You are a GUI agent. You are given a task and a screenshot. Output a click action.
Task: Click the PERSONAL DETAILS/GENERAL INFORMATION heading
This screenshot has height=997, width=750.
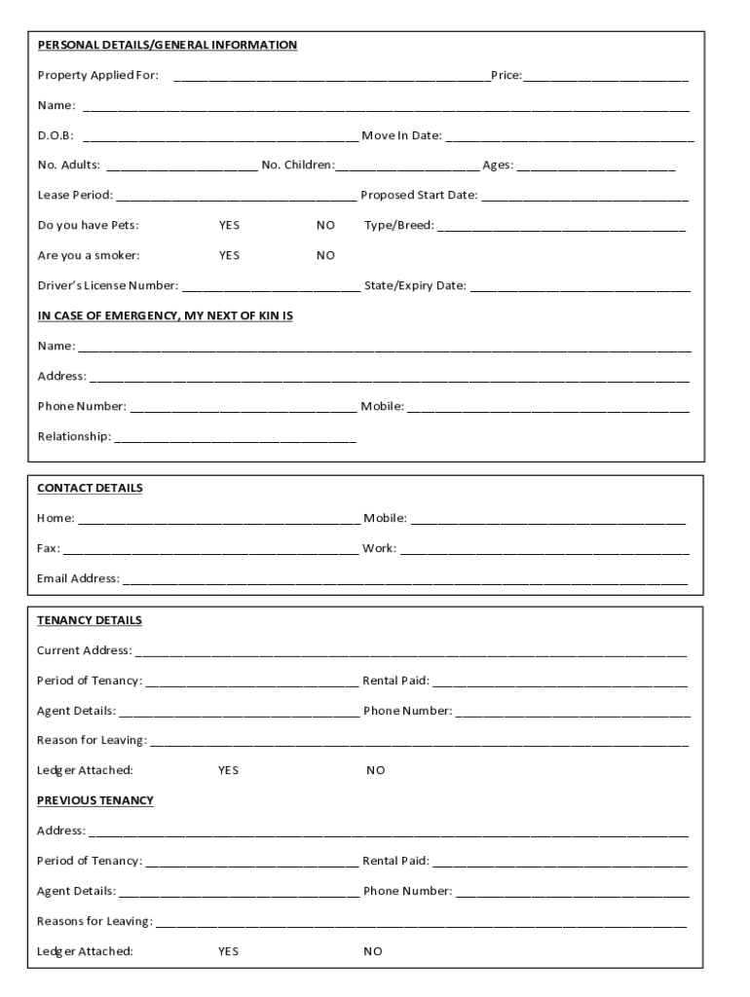pos(167,45)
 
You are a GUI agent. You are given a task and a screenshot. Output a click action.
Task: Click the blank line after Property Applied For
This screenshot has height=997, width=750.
pos(331,77)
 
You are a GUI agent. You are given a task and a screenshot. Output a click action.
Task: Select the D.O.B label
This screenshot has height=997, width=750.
pos(55,135)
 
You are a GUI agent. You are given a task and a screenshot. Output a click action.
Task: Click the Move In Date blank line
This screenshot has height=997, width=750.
pos(569,137)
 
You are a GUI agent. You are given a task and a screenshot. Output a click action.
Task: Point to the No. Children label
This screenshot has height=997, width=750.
pos(297,165)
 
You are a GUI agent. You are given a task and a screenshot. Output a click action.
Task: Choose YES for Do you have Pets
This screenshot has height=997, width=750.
pos(229,225)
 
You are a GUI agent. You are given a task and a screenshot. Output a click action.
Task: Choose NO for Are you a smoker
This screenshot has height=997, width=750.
pos(325,255)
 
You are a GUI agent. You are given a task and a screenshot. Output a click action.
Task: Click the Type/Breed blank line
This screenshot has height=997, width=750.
pos(562,227)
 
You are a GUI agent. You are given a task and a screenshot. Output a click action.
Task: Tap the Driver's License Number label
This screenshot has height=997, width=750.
pos(108,285)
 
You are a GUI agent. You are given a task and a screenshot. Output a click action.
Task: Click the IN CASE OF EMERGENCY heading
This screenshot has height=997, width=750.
pos(165,315)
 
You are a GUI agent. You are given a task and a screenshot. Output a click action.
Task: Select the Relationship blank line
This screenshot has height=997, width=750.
pos(235,438)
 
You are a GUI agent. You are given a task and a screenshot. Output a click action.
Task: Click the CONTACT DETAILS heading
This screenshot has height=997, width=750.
pos(90,488)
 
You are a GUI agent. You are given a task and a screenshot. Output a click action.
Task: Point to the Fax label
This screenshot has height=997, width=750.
pos(48,548)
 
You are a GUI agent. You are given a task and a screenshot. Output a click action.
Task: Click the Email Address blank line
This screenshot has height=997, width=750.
pos(405,580)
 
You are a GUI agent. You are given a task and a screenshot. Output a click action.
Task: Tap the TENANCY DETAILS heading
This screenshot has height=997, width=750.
pos(89,620)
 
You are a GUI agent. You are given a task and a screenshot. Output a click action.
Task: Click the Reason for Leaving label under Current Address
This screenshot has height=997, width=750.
pos(92,740)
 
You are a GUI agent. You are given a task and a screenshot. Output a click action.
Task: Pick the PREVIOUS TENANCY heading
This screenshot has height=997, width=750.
pos(94,800)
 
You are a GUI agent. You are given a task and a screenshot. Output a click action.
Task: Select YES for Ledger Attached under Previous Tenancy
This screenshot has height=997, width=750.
pos(228,951)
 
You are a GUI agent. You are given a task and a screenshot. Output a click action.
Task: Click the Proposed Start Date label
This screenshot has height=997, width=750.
pos(419,195)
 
